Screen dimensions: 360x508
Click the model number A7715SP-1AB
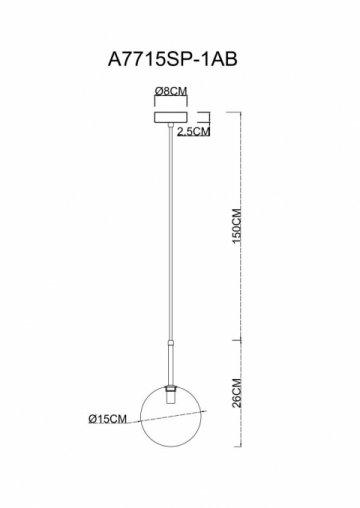(x=173, y=60)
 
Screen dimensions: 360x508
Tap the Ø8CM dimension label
(x=171, y=91)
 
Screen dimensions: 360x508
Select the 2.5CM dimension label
(x=193, y=132)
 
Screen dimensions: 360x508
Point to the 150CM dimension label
(x=236, y=226)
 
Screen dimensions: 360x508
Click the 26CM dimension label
(x=236, y=393)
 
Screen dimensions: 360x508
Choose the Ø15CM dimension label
(x=108, y=419)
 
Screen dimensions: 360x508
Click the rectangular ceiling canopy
(x=171, y=117)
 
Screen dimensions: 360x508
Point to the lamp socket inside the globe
(x=170, y=397)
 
